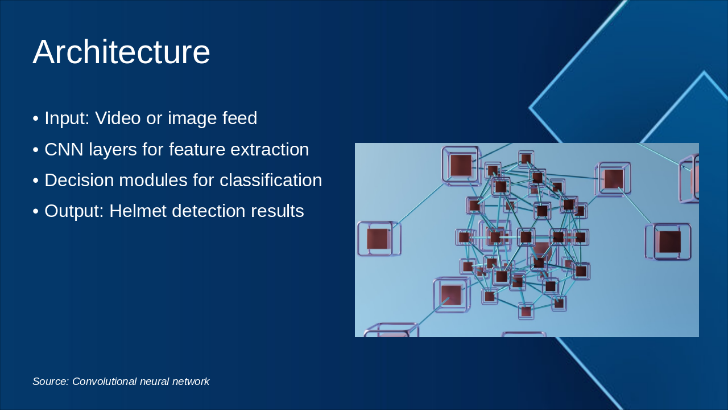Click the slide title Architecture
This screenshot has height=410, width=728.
(x=121, y=52)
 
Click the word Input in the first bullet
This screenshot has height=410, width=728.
(x=64, y=118)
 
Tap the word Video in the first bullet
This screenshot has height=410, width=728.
(x=117, y=118)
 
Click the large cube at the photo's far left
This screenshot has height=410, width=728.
(x=379, y=239)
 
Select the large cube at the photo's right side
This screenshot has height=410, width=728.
(x=669, y=241)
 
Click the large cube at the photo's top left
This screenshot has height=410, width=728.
(x=461, y=165)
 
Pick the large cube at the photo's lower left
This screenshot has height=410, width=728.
(x=451, y=295)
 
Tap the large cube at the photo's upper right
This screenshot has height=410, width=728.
(x=613, y=178)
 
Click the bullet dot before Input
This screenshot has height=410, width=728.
(x=36, y=119)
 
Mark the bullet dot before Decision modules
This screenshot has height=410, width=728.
(x=36, y=181)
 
